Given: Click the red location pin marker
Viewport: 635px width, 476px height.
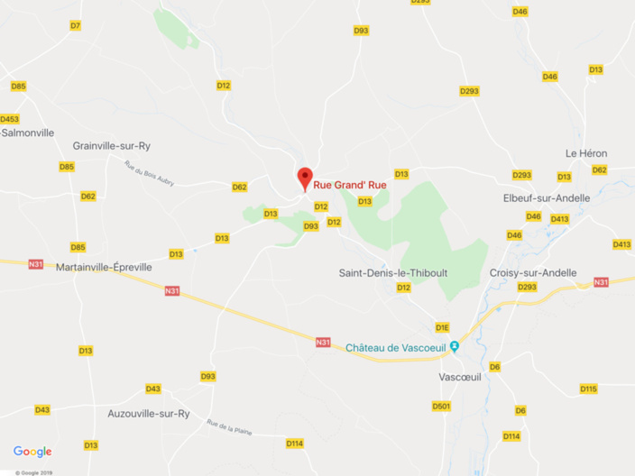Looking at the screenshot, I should (x=304, y=177).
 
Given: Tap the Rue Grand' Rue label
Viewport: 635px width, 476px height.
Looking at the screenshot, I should (x=350, y=185).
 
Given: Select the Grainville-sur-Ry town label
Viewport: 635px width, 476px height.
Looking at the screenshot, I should (x=111, y=145).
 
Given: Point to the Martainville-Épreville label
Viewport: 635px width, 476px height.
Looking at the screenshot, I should (x=104, y=267).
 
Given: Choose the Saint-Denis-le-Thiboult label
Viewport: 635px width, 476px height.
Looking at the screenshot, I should (x=393, y=272).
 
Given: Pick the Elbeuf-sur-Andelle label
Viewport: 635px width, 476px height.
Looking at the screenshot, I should (x=546, y=197).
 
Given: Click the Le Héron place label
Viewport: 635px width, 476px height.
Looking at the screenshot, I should (x=586, y=153).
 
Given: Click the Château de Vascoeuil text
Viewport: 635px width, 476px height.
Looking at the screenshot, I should (x=397, y=347).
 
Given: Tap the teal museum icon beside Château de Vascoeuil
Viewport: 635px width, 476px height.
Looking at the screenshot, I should (x=455, y=346).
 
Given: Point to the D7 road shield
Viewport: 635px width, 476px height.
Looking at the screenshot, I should (x=75, y=25).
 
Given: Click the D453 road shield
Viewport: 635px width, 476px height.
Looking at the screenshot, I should (x=9, y=119).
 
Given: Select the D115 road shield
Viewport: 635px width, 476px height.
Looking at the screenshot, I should (x=588, y=389).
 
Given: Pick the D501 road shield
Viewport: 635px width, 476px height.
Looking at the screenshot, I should (x=440, y=407).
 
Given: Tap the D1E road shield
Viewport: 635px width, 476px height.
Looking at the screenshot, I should (x=442, y=327).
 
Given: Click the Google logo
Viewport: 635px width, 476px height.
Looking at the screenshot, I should (x=32, y=452).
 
